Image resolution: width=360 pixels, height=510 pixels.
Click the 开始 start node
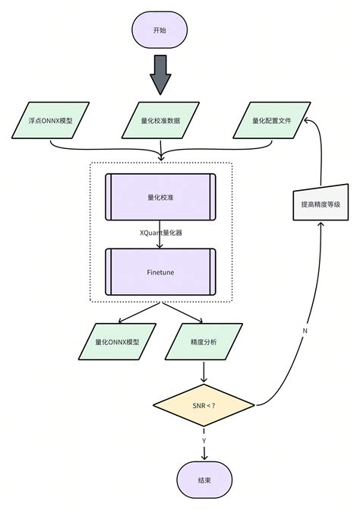tap(159, 30)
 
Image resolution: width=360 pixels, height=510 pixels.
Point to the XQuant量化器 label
tap(160, 233)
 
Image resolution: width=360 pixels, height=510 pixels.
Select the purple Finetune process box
tap(160, 271)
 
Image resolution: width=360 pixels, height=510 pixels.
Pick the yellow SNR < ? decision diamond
tap(204, 405)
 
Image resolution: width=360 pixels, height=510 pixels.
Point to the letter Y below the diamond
tap(204, 439)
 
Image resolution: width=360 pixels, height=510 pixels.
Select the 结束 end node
tap(204, 480)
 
